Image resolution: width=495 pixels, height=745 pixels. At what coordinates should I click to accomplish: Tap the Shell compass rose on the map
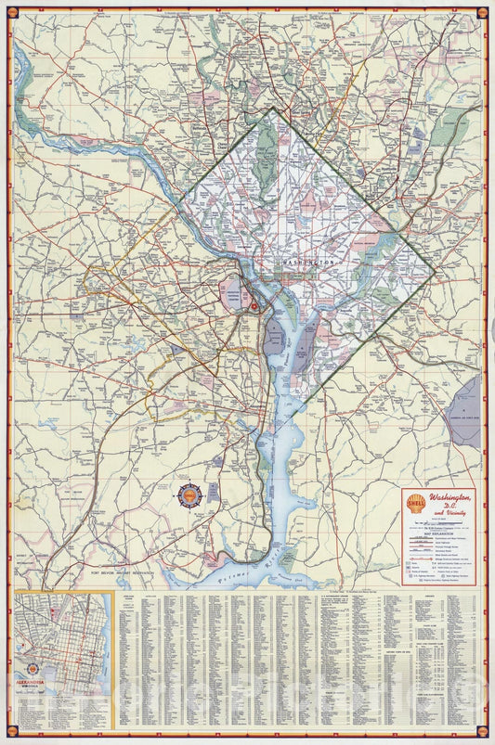pos(189,496)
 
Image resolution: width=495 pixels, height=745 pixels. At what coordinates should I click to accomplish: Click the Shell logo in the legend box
pos(415,503)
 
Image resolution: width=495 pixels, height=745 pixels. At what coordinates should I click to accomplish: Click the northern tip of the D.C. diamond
pos(272,108)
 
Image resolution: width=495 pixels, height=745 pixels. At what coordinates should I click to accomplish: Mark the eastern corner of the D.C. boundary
pos(434,270)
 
